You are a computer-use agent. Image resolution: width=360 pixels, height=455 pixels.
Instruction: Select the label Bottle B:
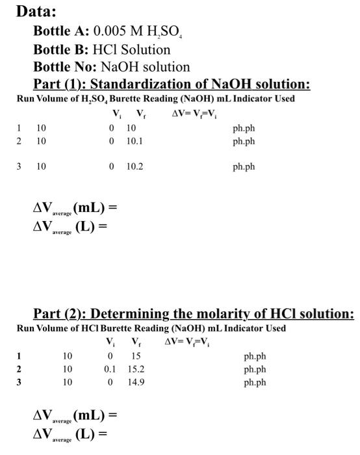point(60,49)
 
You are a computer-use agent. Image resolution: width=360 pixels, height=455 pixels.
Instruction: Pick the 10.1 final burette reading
point(135,140)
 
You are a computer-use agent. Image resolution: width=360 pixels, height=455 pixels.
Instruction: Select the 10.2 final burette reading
point(135,166)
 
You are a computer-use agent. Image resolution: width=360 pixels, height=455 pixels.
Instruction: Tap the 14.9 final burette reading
point(136,382)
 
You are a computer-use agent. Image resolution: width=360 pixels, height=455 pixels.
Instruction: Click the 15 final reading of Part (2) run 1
point(135,356)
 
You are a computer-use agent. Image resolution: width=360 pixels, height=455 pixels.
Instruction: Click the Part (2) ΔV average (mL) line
point(75,415)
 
